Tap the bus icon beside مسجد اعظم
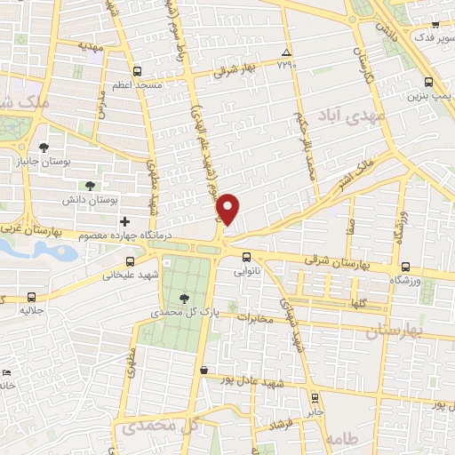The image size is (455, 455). (x=137, y=71)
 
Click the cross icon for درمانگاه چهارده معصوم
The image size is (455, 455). (x=125, y=220)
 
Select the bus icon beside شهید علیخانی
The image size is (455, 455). (x=132, y=261)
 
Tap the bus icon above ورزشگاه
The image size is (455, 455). (x=405, y=267)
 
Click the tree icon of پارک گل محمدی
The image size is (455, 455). (x=184, y=299)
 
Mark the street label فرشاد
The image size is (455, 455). (x=283, y=427)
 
